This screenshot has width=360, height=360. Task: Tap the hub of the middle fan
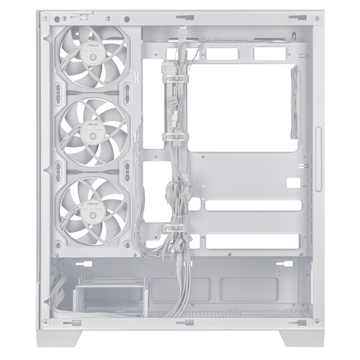[93, 132]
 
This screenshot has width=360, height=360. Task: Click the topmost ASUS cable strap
[174, 80]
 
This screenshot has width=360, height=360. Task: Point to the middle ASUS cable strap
[174, 137]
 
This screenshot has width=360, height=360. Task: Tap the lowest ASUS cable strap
[174, 227]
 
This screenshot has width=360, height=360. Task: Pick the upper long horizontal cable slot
[253, 205]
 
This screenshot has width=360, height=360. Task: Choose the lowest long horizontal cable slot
[253, 241]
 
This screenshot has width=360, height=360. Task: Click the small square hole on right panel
[293, 183]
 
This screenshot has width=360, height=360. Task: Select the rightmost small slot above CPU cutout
[270, 53]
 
